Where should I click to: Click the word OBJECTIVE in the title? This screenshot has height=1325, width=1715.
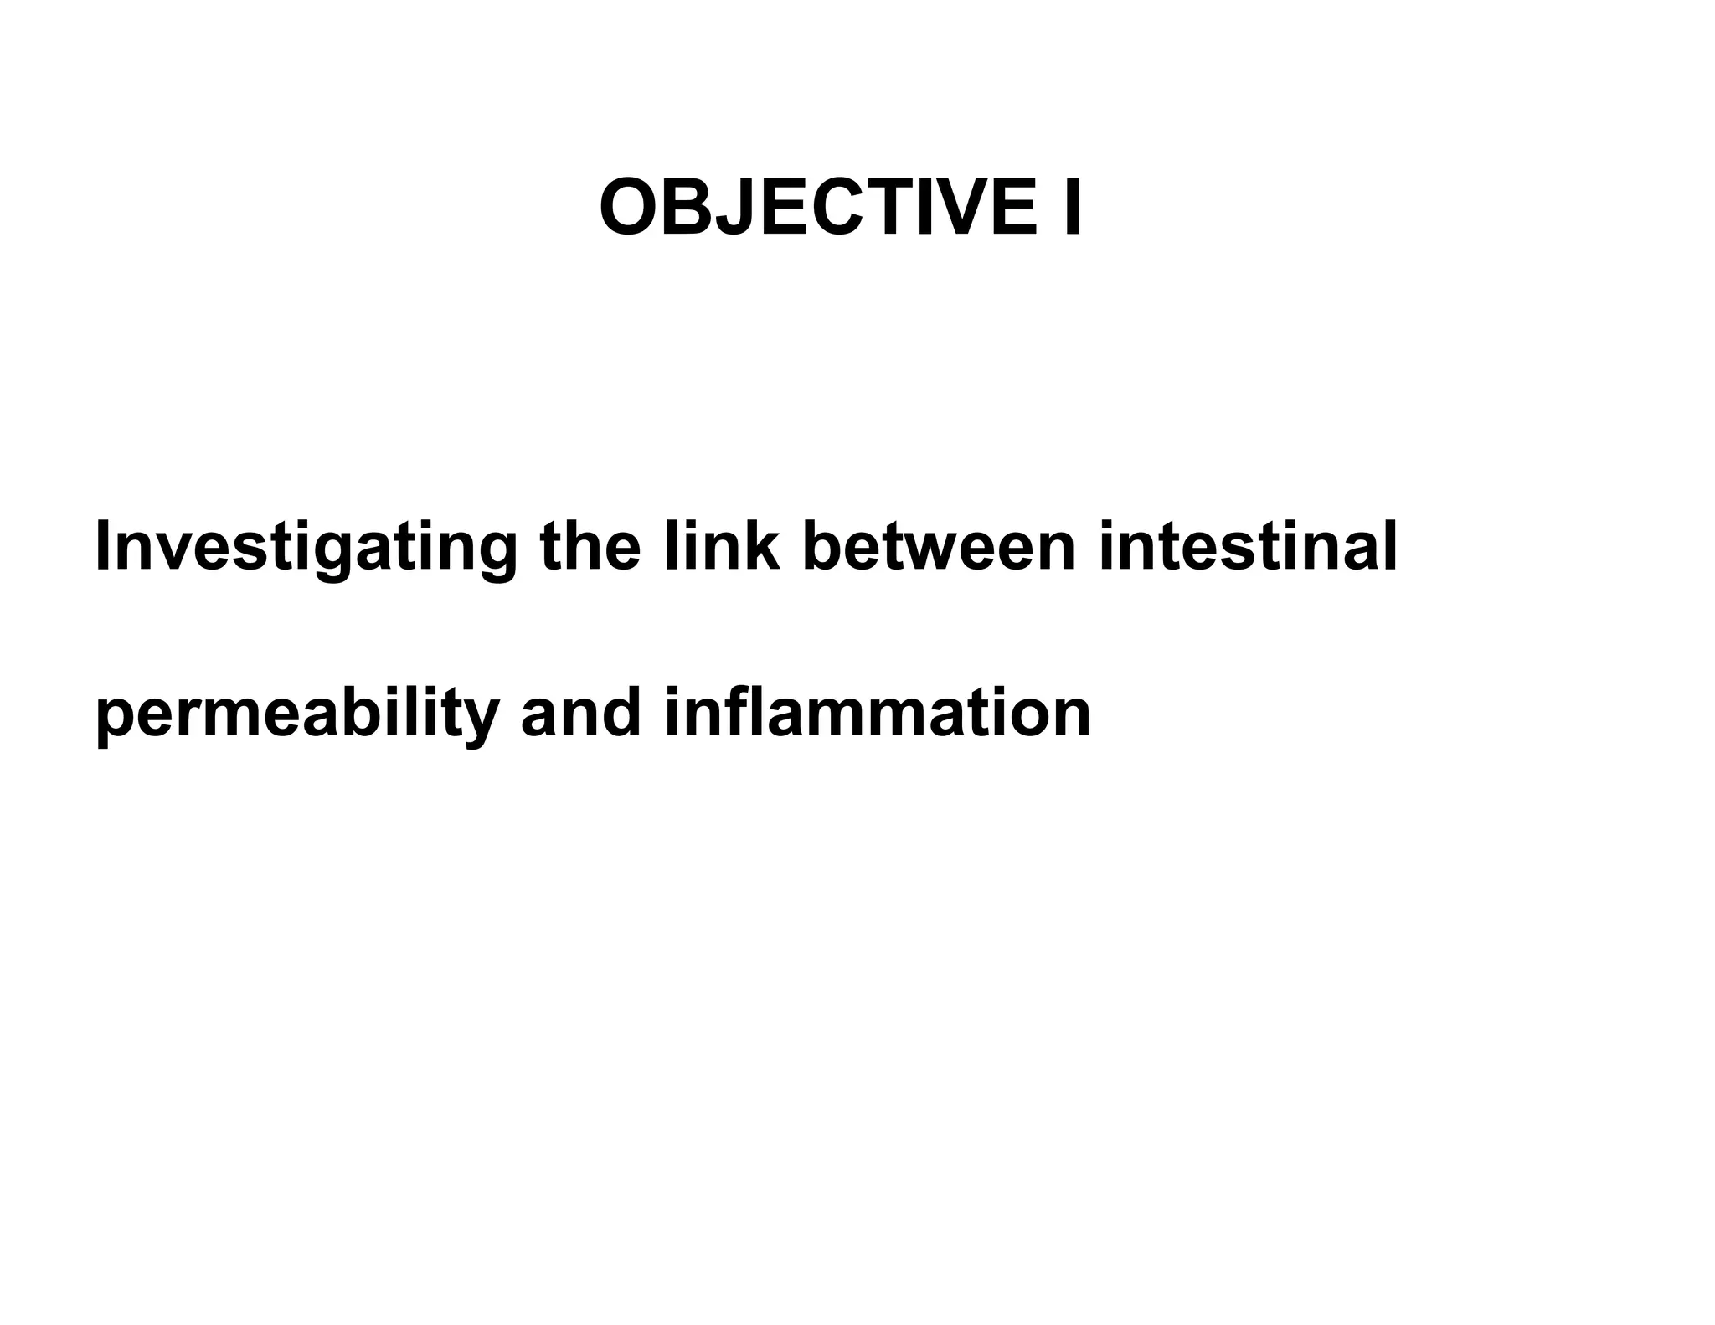[817, 208]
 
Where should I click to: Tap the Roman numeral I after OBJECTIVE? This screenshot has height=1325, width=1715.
[1071, 208]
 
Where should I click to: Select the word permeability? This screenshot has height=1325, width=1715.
[296, 714]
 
